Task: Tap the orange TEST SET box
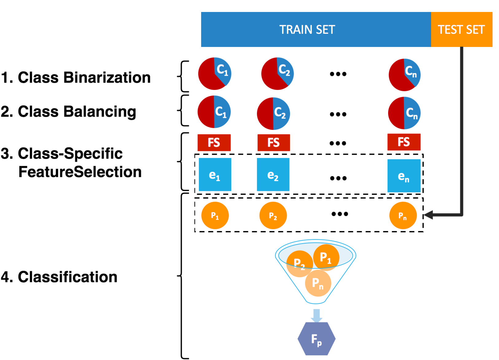(462, 29)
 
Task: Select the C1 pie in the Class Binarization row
(214, 74)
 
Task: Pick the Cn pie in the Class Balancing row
(404, 113)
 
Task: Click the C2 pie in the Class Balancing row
(273, 114)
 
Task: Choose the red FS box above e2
(274, 142)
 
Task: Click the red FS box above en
(404, 142)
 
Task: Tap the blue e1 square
(215, 175)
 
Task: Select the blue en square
(404, 176)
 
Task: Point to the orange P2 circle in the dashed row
(273, 215)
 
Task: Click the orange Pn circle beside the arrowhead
(403, 215)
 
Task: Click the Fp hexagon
(317, 339)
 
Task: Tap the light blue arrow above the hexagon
(317, 315)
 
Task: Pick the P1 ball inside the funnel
(326, 257)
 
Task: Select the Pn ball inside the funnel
(318, 283)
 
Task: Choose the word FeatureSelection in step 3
(80, 172)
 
